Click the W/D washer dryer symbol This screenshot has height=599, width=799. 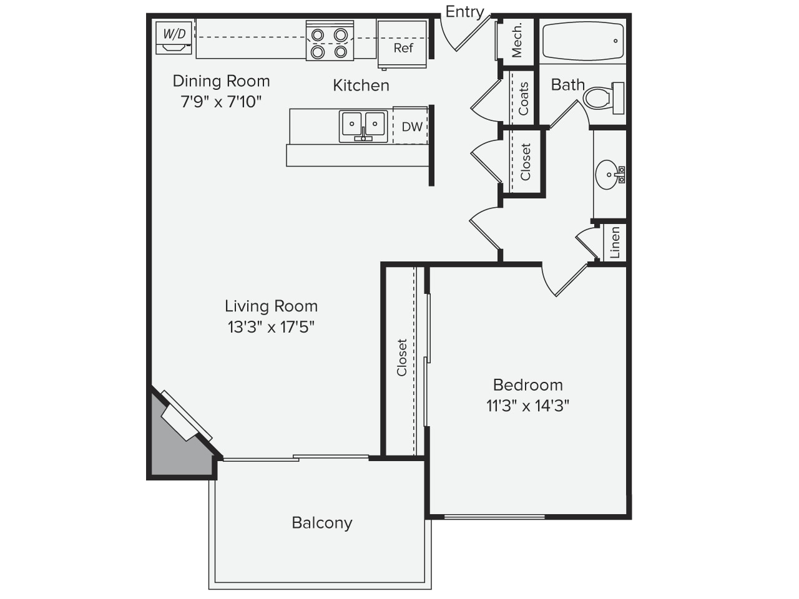point(174,38)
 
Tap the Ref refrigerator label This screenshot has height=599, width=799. point(403,48)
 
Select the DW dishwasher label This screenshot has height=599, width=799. point(412,127)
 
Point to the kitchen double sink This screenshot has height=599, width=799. point(363,126)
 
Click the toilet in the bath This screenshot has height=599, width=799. point(603,98)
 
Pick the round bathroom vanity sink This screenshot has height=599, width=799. point(610,175)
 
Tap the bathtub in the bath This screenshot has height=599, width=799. point(583,41)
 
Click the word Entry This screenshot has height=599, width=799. point(464,12)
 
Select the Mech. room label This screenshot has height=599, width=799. point(516,40)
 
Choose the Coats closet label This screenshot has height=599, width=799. point(523,99)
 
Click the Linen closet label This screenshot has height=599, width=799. point(614,242)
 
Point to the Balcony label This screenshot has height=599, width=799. point(321,523)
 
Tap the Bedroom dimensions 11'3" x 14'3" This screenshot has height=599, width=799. point(527,406)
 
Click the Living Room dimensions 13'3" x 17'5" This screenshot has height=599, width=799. point(271,327)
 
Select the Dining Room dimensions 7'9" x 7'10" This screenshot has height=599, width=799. point(221,102)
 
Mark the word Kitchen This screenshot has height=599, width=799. point(361,85)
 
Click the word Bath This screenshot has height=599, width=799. point(567,85)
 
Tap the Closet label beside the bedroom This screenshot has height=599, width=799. point(401,358)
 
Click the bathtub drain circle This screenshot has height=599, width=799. point(615,41)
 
